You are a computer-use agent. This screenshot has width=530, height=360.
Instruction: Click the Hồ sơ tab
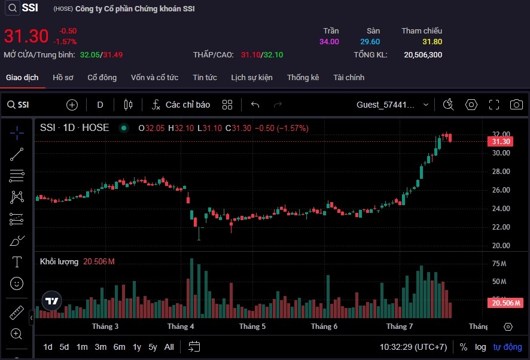[x=63, y=78]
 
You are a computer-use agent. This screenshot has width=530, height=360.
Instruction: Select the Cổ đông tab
[x=102, y=78]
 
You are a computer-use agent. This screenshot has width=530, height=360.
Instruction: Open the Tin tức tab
[x=205, y=78]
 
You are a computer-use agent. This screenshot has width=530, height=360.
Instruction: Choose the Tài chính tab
[x=349, y=78]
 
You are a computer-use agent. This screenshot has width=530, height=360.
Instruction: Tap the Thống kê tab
[x=303, y=78]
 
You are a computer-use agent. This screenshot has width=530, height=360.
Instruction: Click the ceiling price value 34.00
[x=329, y=42]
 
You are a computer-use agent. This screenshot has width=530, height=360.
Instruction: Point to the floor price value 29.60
[x=370, y=42]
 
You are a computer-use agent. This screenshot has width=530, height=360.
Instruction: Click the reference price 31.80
[x=432, y=42]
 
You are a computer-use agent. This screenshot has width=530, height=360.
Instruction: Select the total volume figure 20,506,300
[x=423, y=55]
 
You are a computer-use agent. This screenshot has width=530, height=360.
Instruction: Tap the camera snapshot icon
[x=516, y=105]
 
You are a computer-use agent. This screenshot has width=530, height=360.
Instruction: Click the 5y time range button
[x=153, y=347]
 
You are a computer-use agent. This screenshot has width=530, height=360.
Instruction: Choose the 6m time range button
[x=119, y=347]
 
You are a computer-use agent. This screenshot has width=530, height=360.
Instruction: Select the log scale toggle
[x=480, y=347]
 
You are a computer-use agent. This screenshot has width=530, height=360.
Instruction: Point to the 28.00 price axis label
[x=500, y=172]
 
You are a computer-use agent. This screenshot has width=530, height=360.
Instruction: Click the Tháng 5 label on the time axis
[x=252, y=327]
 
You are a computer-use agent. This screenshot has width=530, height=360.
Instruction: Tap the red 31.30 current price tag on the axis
[x=500, y=142]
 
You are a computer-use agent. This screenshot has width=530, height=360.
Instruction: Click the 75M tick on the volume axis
[x=499, y=264]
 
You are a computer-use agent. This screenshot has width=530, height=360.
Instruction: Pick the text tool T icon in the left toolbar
[x=17, y=262]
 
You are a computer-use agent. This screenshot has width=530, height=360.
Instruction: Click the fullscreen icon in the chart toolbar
[x=494, y=105]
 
